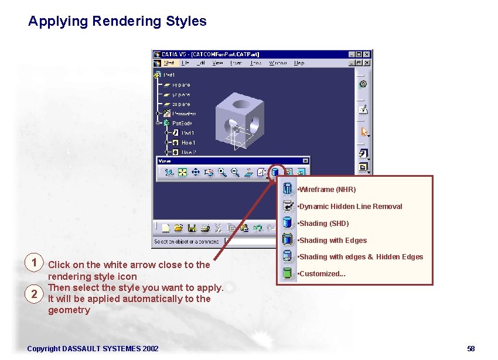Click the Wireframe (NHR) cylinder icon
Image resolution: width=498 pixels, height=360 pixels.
point(287,189)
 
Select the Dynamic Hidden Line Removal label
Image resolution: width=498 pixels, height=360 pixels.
point(350,207)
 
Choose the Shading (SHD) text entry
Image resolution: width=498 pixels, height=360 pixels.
point(323,224)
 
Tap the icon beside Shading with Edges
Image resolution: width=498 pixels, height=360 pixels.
point(287,239)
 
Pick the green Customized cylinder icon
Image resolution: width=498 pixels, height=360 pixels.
point(287,273)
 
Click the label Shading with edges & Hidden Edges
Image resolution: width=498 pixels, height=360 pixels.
point(361,257)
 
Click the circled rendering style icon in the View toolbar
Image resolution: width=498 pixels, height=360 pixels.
point(274,172)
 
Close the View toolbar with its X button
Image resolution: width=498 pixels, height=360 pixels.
point(305,161)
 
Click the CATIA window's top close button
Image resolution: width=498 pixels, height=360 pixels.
point(367,54)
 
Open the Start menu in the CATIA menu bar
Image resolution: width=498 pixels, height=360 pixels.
point(169,63)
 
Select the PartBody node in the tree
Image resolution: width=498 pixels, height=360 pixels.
point(182,123)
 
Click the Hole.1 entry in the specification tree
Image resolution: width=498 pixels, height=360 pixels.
point(188,142)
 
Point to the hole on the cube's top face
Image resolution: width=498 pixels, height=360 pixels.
point(240,105)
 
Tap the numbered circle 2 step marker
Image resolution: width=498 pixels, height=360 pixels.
point(35,293)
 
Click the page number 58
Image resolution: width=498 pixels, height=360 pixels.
point(471,349)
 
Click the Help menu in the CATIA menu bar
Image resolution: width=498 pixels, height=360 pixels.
point(299,63)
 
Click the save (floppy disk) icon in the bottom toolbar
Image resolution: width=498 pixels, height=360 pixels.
point(192,228)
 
